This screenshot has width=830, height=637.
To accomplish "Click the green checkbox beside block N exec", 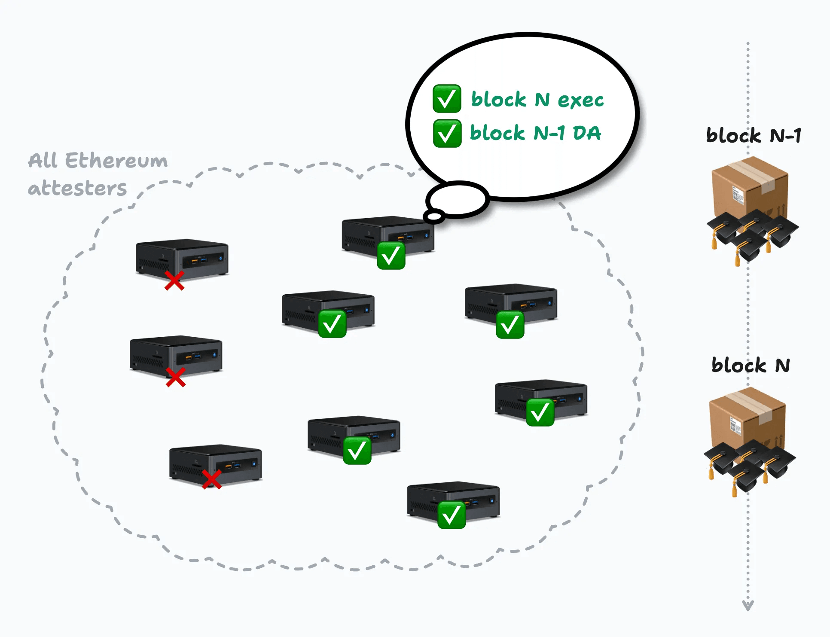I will coord(447,99).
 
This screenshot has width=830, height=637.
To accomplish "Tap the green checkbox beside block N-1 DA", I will coord(447,133).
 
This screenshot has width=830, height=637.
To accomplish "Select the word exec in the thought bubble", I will coord(580,101).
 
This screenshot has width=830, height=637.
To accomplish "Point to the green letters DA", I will coord(587,133).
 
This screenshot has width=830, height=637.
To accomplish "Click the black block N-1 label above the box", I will coord(754,136).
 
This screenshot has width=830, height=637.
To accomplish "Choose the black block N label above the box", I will coord(751,366).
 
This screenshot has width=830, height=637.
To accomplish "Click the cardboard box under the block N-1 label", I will coord(750,189).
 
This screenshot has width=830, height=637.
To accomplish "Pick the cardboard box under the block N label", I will coord(747,419).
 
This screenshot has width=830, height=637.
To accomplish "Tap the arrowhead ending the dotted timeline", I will coord(748,606).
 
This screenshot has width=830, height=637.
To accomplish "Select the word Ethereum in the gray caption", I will coord(116,161).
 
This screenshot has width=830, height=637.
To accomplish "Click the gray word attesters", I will coord(77,188).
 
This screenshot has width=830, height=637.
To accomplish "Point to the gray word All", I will coord(43,161).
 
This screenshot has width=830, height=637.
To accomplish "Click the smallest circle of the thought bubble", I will coord(434,216).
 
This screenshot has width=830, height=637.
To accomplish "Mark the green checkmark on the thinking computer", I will coord(391,256).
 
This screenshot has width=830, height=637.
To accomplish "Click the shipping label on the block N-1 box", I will coord(738,195).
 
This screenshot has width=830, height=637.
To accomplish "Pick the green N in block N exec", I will coord(542,100).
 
